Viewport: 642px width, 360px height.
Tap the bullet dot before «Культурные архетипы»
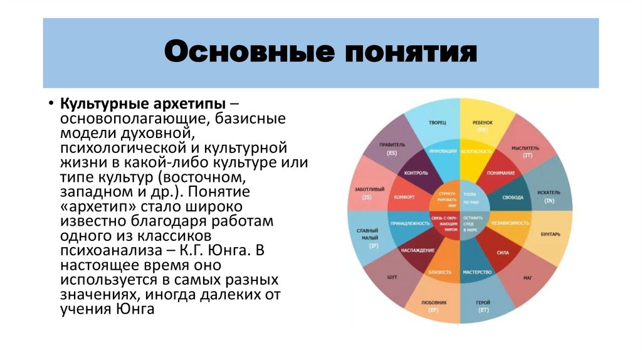pyautogui.click(x=50, y=103)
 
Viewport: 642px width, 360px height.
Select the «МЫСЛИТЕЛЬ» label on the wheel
pyautogui.click(x=525, y=148)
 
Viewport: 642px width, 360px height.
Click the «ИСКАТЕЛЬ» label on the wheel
pyautogui.click(x=549, y=193)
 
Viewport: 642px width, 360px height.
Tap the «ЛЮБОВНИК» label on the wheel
pyautogui.click(x=433, y=302)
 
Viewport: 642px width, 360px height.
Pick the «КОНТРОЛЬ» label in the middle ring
pyautogui.click(x=416, y=172)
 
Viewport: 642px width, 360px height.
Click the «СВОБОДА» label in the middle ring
pyautogui.click(x=512, y=197)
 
